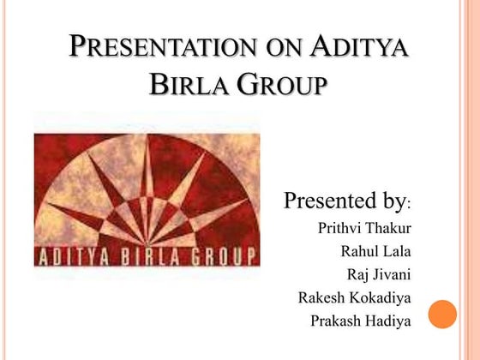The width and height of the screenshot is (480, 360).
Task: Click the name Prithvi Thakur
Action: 364,228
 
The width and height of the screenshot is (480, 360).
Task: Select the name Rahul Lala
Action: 375,251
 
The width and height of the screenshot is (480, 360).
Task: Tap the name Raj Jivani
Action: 379,275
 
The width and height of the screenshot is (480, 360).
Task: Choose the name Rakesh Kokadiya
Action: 355,298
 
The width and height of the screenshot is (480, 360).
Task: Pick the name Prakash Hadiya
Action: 361,321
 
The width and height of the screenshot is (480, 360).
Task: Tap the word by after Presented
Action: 390,203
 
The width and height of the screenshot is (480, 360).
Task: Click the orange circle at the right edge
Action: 442,315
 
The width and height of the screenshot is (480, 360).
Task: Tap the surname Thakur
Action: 387,228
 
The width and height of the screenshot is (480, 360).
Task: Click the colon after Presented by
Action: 410,207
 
